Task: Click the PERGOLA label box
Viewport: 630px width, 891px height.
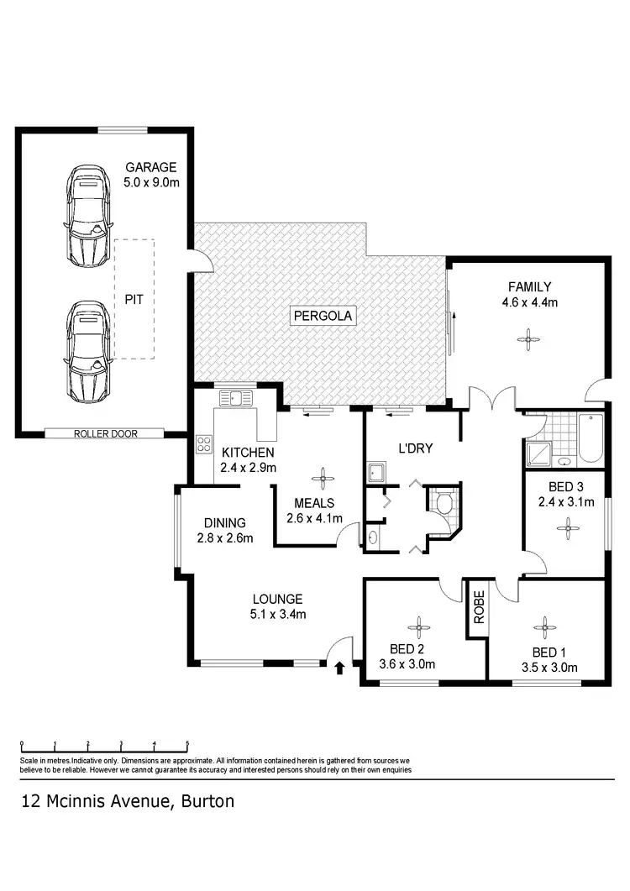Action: click(x=324, y=316)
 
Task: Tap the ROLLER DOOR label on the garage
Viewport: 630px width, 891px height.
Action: click(x=106, y=433)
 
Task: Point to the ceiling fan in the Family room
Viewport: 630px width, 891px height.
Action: click(x=528, y=339)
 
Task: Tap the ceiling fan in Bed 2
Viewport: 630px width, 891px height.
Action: click(x=417, y=625)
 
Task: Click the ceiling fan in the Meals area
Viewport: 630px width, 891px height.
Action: click(x=319, y=480)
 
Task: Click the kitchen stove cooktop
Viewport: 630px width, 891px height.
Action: click(x=202, y=443)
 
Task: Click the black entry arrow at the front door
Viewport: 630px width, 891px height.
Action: click(x=340, y=668)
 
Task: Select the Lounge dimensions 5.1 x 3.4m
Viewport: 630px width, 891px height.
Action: click(x=278, y=614)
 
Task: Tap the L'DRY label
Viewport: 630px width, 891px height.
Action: click(x=414, y=448)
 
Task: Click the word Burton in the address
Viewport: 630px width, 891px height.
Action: click(x=207, y=800)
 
